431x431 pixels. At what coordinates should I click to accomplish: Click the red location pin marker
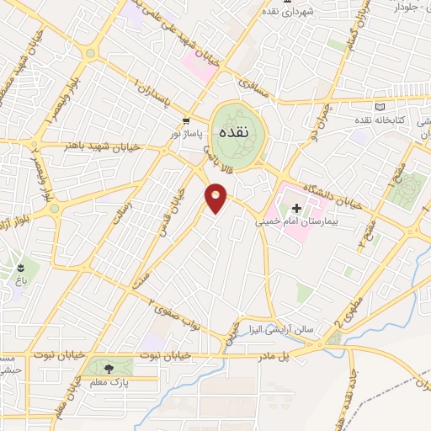(x=216, y=199)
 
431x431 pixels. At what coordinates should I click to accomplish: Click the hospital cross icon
(x=296, y=207)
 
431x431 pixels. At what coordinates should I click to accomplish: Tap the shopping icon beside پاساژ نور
(x=185, y=120)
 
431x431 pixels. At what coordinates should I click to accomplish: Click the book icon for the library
(x=380, y=106)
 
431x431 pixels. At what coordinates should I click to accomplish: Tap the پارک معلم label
(x=109, y=381)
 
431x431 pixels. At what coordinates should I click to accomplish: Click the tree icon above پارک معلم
(x=109, y=368)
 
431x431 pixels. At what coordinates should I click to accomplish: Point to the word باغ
(x=19, y=284)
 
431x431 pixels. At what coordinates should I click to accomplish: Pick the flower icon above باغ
(x=19, y=269)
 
